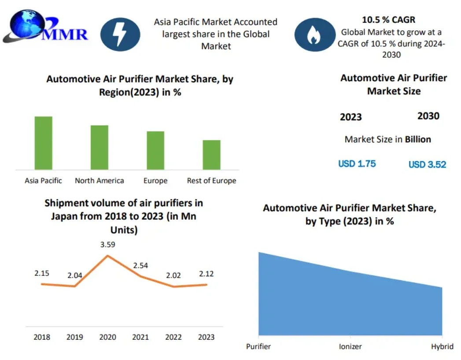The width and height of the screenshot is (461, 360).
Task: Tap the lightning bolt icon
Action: pos(120,34)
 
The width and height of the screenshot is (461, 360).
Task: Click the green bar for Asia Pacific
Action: pos(44,143)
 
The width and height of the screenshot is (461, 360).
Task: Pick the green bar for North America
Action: pos(100,147)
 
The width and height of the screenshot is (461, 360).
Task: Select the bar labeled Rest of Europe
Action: pos(211,155)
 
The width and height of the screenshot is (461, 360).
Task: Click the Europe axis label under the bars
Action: pos(155,181)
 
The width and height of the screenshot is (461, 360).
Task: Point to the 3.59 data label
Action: pos(108,245)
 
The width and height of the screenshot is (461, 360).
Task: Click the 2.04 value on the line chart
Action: pos(74,275)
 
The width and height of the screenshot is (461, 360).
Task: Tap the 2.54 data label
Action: pos(141,265)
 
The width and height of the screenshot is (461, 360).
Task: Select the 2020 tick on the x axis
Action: pos(108,337)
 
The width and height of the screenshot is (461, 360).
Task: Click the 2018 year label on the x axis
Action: pos(42,337)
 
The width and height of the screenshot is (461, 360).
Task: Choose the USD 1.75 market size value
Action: pos(357,164)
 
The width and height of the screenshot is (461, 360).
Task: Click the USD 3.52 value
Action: pos(427,165)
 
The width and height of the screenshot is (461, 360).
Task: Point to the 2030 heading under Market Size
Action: pos(428,116)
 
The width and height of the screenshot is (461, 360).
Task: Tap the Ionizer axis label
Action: pos(350,346)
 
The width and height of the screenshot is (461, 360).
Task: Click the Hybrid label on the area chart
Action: pos(442,346)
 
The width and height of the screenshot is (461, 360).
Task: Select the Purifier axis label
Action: pos(258,346)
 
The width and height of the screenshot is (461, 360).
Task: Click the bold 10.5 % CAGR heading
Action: pos(388,20)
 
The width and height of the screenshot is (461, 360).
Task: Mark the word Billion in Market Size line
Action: pos(418,139)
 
